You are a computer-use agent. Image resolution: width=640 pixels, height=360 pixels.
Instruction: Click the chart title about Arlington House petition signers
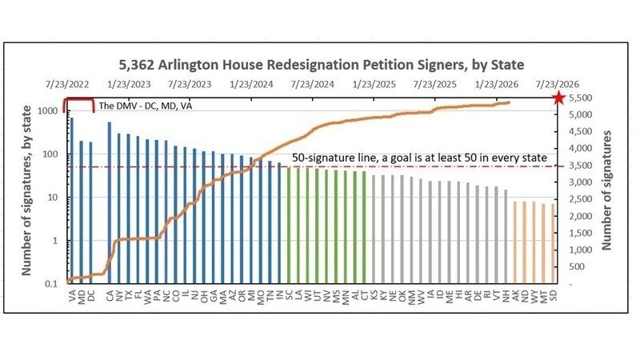coord(319,64)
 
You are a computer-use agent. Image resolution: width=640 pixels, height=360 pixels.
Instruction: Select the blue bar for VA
coord(71,200)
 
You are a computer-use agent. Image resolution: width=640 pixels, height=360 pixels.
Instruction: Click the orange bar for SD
coord(552,243)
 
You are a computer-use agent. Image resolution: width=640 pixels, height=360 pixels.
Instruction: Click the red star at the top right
coord(558,98)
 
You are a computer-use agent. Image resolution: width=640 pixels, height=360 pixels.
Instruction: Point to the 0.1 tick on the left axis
coord(50,284)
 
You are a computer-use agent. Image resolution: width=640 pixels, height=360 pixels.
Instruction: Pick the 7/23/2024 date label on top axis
coord(313,84)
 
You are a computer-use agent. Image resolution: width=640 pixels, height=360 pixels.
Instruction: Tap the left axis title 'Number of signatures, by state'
coord(26,195)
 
